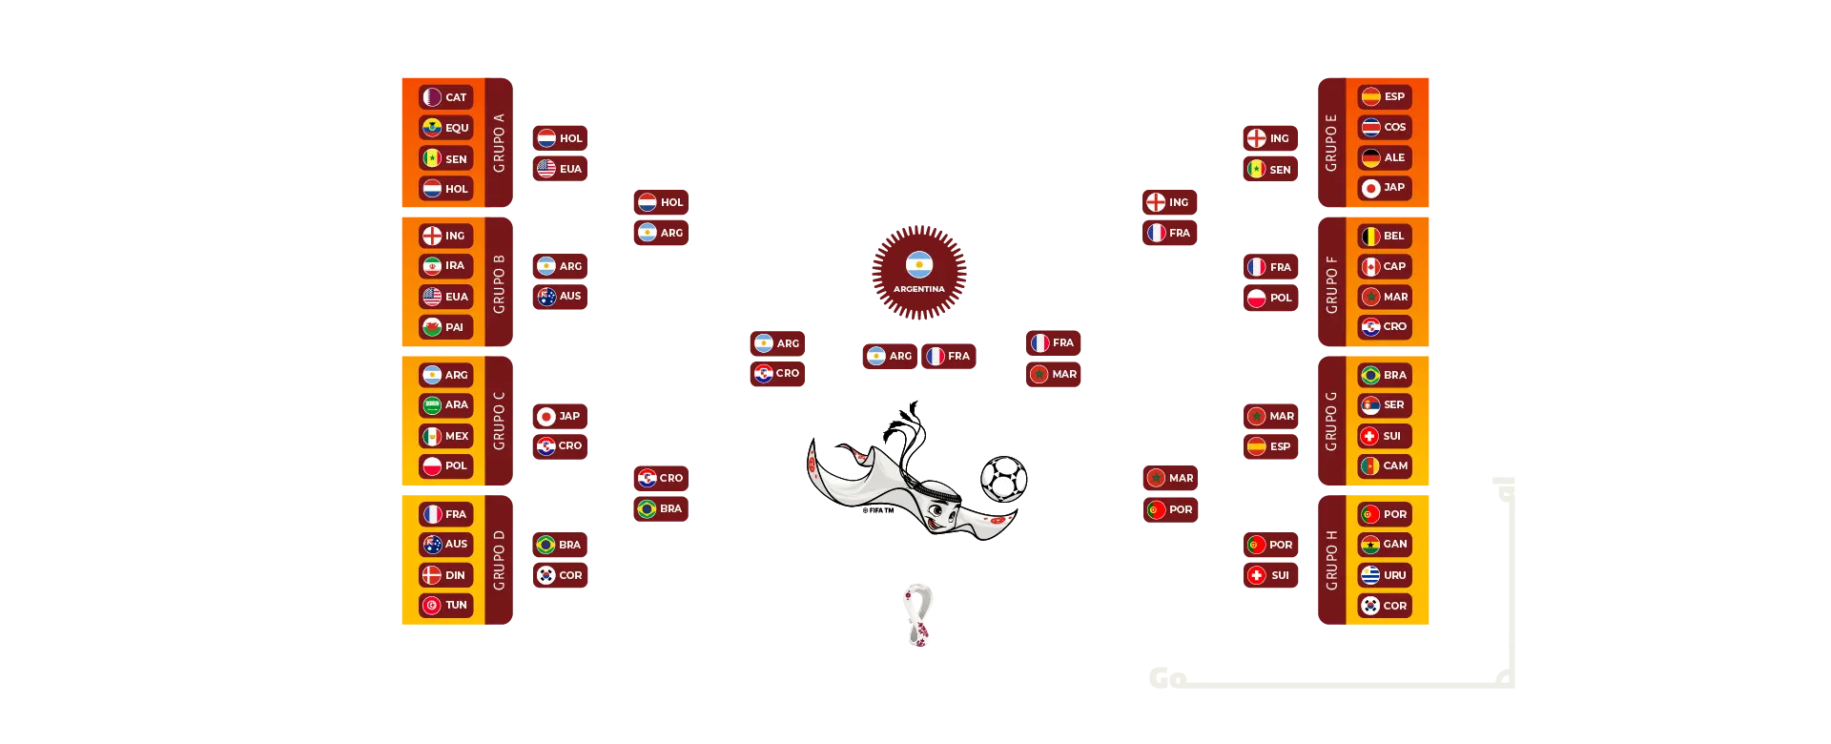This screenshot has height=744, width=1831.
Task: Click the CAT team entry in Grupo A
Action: pyautogui.click(x=445, y=97)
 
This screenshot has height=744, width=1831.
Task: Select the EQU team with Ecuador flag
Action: pyautogui.click(x=445, y=128)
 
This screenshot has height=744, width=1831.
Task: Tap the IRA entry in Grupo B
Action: pyautogui.click(x=445, y=266)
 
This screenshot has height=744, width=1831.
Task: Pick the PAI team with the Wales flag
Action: pyautogui.click(x=445, y=327)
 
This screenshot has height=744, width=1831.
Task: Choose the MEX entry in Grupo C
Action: pyautogui.click(x=445, y=436)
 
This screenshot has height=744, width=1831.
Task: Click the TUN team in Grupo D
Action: pyautogui.click(x=445, y=605)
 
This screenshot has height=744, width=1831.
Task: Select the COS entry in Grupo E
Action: pyautogui.click(x=1384, y=127)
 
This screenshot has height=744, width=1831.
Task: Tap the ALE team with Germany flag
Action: pyautogui.click(x=1384, y=157)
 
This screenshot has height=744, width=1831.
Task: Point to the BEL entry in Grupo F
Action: pyautogui.click(x=1384, y=236)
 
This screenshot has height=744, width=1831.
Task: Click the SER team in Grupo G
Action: pyautogui.click(x=1384, y=404)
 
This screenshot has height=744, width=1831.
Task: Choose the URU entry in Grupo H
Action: pyautogui.click(x=1384, y=575)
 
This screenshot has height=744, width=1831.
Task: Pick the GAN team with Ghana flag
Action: pyautogui.click(x=1384, y=544)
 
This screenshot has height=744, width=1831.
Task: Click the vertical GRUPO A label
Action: pyautogui.click(x=500, y=143)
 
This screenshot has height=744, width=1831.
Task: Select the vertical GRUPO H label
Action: pyautogui.click(x=1331, y=560)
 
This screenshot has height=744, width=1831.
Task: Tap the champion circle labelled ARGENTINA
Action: pyautogui.click(x=919, y=271)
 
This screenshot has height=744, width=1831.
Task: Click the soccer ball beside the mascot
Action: pyautogui.click(x=1004, y=478)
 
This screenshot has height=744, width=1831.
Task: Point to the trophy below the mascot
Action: pyautogui.click(x=919, y=614)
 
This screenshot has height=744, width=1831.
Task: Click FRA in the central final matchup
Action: pyautogui.click(x=949, y=356)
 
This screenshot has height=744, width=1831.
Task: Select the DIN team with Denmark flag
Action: pyautogui.click(x=445, y=575)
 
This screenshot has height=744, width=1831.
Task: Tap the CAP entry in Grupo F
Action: pyautogui.click(x=1384, y=266)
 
